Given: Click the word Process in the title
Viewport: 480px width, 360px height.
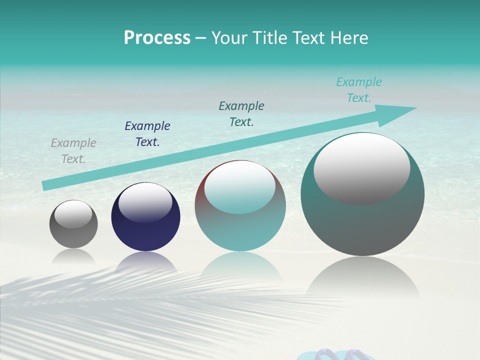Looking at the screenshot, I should click(x=157, y=37).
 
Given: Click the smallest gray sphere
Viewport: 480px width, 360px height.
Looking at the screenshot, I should click(x=73, y=224).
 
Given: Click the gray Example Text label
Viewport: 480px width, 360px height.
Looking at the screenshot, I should click(x=73, y=151).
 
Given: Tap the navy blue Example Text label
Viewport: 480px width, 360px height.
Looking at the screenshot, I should click(x=147, y=134).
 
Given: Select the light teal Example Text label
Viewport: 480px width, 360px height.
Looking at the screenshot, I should click(x=359, y=90).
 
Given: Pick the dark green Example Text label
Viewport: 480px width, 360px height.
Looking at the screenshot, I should click(x=241, y=114).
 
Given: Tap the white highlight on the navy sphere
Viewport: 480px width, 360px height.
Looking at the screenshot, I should click(x=145, y=202).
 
